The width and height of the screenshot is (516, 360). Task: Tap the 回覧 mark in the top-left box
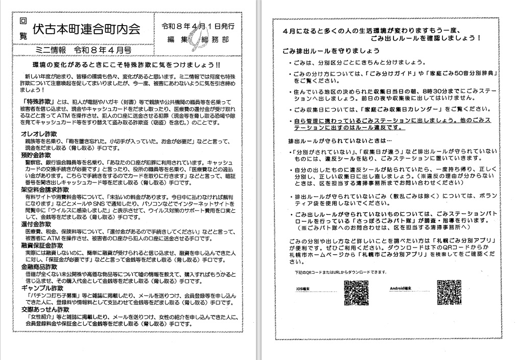pos(22,29)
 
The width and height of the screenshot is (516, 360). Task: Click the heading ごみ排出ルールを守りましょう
pos(331,51)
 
